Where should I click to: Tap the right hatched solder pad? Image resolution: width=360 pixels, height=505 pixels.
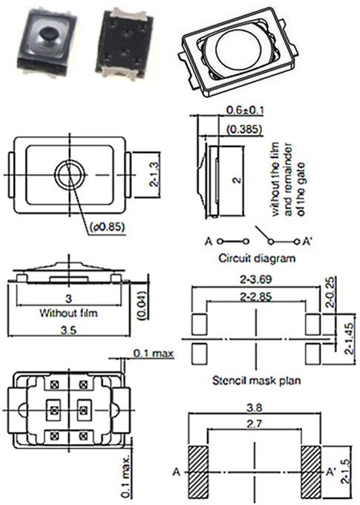[x=311, y=470]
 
